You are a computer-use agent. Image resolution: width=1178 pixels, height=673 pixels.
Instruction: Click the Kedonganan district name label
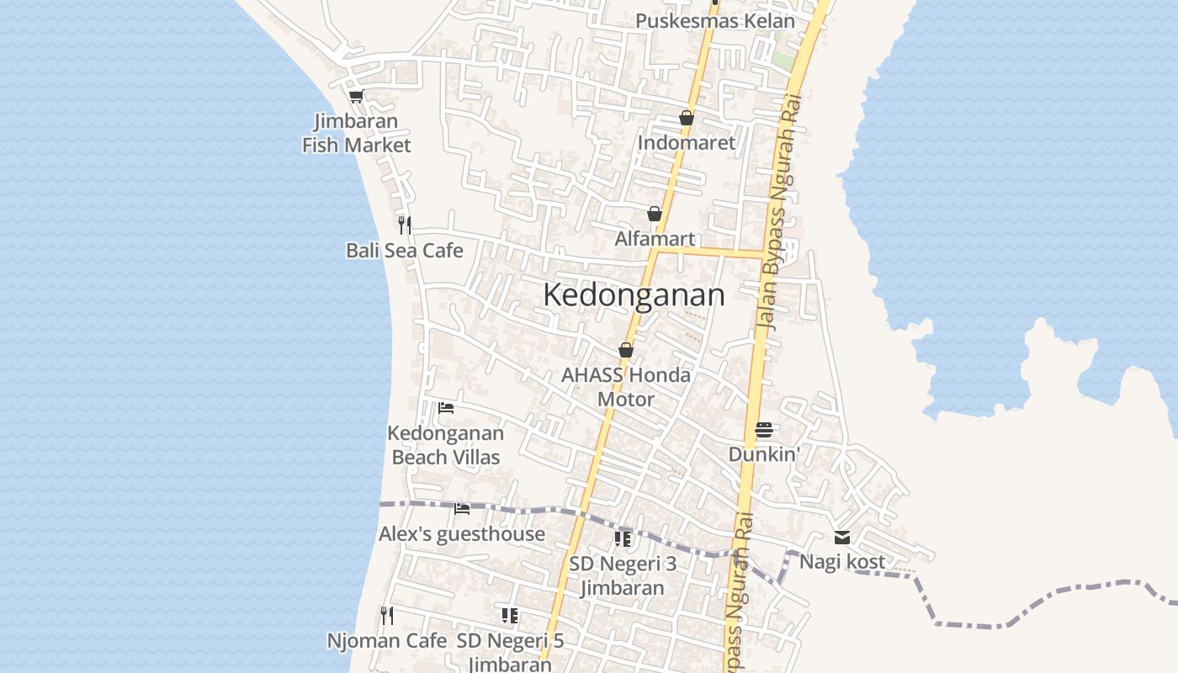click(633, 295)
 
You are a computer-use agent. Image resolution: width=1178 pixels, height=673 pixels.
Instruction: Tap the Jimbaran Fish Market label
click(356, 134)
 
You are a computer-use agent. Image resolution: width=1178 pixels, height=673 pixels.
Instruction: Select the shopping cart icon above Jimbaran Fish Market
click(356, 96)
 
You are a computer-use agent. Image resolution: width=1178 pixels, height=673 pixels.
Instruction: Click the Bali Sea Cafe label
click(404, 251)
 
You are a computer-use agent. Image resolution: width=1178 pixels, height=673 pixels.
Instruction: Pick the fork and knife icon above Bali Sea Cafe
click(405, 225)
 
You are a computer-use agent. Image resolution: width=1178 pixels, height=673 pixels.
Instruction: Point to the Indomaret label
click(686, 143)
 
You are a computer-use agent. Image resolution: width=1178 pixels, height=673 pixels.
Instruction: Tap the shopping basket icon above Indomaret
click(687, 118)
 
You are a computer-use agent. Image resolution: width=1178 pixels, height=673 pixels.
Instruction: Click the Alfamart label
click(655, 239)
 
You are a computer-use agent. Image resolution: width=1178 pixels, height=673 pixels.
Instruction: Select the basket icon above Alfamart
click(655, 215)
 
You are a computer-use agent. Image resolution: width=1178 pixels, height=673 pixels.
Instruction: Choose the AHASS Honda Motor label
click(626, 387)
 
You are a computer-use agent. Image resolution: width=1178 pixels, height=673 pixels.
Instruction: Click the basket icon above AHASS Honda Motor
click(625, 350)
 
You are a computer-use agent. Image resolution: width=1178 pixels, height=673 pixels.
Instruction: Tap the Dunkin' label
click(764, 454)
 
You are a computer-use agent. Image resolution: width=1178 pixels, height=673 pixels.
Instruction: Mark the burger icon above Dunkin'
click(764, 430)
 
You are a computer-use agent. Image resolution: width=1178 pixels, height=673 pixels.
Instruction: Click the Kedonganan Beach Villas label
click(446, 446)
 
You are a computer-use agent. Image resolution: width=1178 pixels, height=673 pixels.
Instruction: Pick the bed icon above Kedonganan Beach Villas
click(446, 408)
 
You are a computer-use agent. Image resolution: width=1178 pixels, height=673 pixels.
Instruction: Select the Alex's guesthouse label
click(461, 534)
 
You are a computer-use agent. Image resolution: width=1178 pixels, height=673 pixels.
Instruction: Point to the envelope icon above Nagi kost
click(842, 538)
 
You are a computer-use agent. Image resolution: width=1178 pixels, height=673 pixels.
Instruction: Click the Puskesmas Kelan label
click(714, 21)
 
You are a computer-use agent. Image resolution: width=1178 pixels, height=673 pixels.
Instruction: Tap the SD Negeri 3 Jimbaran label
click(623, 575)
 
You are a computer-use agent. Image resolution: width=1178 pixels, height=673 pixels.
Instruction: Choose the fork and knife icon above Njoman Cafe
click(387, 615)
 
